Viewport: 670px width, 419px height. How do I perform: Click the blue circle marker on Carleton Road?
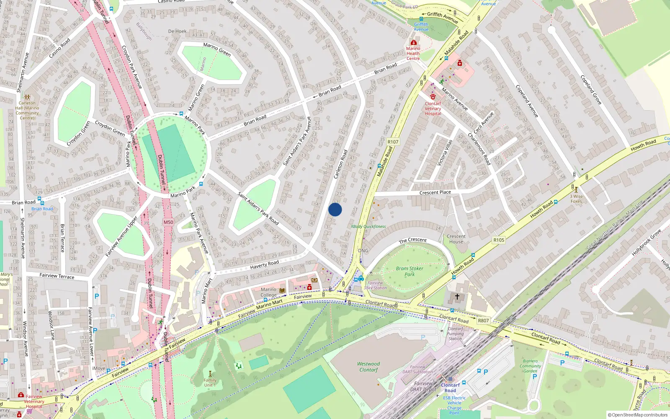[x=335, y=209]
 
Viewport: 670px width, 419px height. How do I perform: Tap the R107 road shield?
[x=393, y=142]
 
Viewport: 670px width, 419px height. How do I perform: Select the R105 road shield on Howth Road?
[x=499, y=240]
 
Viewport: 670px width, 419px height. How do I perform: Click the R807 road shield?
[x=483, y=321]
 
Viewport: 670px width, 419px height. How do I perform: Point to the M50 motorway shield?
[x=168, y=222]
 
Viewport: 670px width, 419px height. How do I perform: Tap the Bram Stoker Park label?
[x=409, y=272]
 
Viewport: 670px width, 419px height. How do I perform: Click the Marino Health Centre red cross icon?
[x=413, y=43]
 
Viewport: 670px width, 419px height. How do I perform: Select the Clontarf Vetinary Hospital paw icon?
[x=433, y=97]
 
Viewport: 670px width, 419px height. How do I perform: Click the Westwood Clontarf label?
[x=368, y=367]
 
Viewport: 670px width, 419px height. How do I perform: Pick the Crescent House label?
[x=456, y=239]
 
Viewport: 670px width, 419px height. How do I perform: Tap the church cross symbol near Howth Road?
[x=457, y=297]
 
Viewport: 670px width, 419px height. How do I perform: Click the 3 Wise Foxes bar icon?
[x=576, y=190]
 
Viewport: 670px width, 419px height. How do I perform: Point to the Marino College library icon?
[x=282, y=290]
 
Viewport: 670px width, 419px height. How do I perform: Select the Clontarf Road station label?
[x=450, y=388]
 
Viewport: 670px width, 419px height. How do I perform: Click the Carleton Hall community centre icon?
[x=27, y=97]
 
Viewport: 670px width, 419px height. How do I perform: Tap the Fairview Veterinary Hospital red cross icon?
[x=21, y=395]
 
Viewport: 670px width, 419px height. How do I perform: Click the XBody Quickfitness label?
[x=368, y=226]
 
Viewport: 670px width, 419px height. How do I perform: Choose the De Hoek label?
[x=177, y=31]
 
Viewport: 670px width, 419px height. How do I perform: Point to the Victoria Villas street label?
[x=445, y=153]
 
